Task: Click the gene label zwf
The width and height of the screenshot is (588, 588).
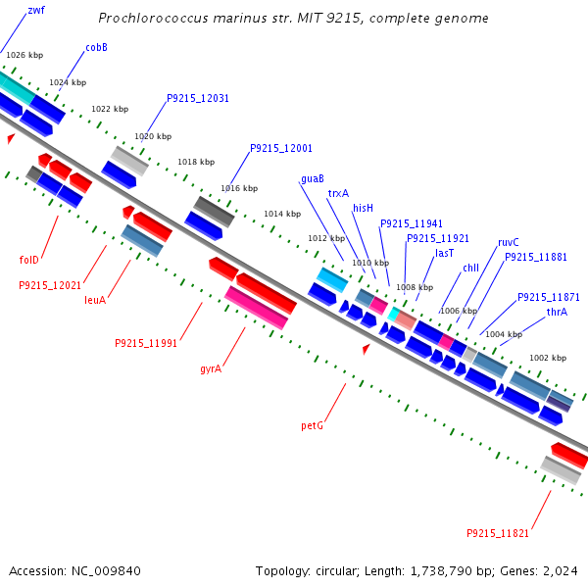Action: [x=36, y=10]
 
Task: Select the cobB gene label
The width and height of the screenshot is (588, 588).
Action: [x=96, y=47]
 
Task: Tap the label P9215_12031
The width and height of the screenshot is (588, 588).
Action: [x=198, y=98]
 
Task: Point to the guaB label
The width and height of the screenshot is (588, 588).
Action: [x=313, y=179]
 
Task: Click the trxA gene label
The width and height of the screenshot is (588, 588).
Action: [x=338, y=193]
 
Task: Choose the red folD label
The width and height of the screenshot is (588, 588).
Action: [x=29, y=260]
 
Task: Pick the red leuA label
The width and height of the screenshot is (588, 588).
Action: [x=94, y=300]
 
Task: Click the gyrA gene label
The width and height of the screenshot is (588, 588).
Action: [x=211, y=369]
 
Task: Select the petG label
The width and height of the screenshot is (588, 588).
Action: [x=312, y=426]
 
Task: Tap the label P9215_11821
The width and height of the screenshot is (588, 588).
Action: [x=498, y=533]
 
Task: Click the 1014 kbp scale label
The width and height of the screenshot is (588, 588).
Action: [x=281, y=214]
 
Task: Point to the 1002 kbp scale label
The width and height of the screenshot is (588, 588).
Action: [x=547, y=358]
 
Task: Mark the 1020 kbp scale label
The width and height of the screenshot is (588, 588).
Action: [x=153, y=136]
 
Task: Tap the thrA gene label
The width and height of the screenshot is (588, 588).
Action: [x=557, y=312]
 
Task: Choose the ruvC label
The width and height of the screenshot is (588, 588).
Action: [x=509, y=242]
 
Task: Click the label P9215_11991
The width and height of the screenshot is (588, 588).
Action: [x=146, y=343]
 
